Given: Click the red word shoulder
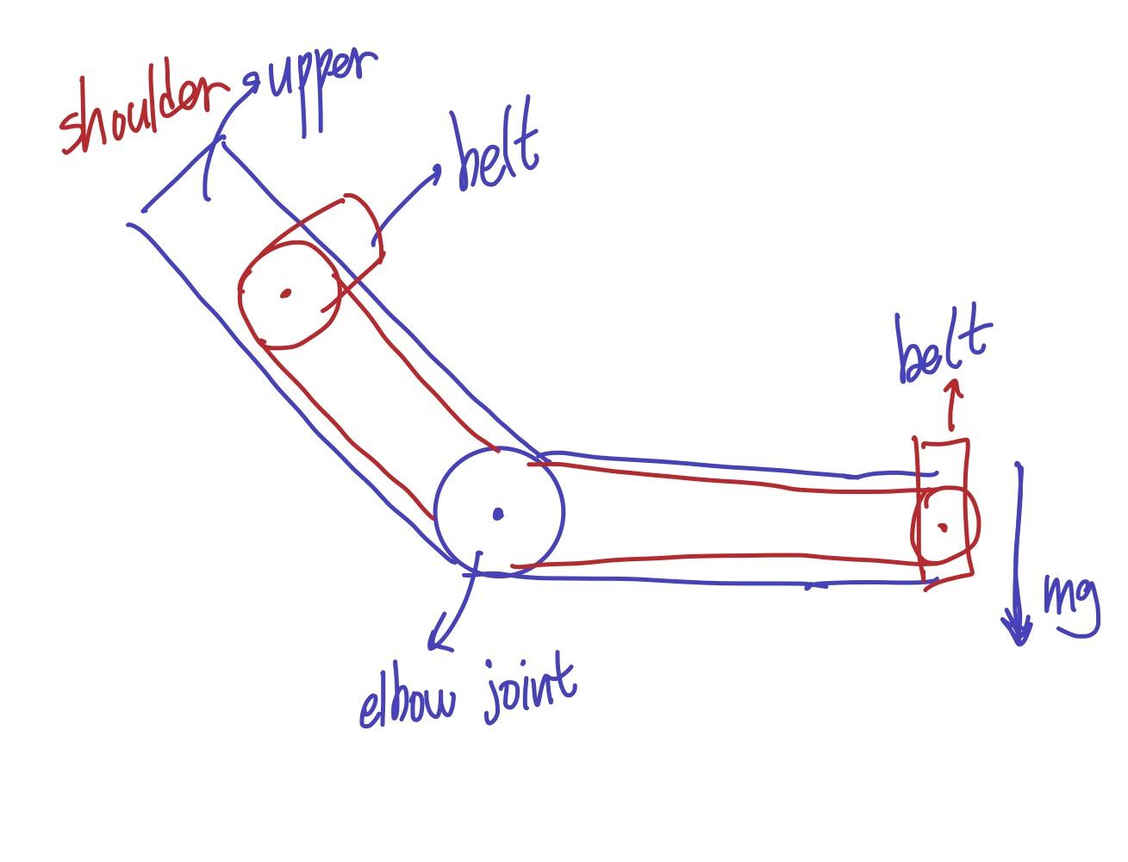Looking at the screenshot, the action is click(142, 116).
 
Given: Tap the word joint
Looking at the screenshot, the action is click(527, 690).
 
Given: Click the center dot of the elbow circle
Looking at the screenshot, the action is click(497, 515).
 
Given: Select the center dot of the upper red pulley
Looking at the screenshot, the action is click(285, 294).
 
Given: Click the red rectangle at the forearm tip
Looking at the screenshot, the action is click(968, 483).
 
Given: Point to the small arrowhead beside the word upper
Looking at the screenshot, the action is click(252, 83).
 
